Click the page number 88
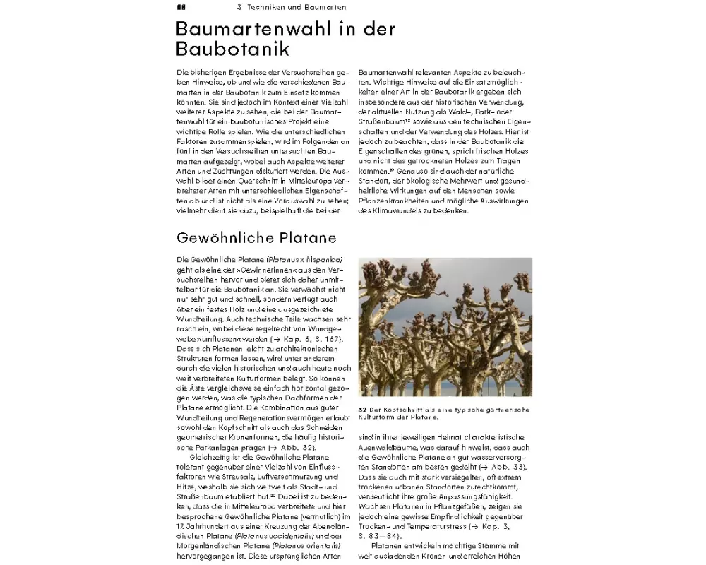pyautogui.click(x=181, y=7)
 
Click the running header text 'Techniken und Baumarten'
pyautogui.click(x=297, y=7)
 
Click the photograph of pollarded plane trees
pyautogui.click(x=445, y=327)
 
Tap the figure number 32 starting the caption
pyautogui.click(x=362, y=410)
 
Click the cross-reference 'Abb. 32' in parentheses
pyautogui.click(x=297, y=448)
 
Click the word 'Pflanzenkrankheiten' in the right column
pyautogui.click(x=397, y=201)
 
